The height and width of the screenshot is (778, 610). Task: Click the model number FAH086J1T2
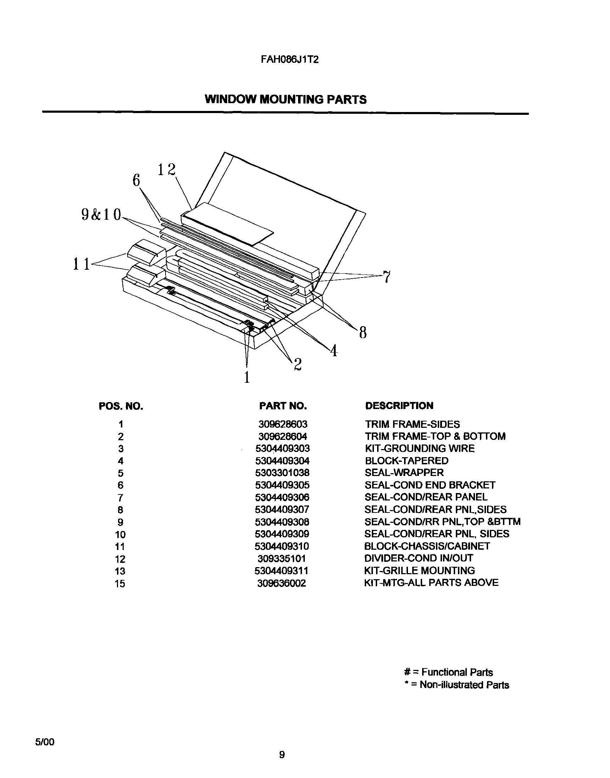point(289,60)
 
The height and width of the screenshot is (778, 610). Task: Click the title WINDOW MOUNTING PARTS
point(285,99)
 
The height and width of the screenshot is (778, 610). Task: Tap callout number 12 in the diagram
point(167,169)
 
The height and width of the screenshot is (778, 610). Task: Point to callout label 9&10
point(101,214)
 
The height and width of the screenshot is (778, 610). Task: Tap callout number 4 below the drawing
point(334,351)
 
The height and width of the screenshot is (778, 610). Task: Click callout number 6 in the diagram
point(136,181)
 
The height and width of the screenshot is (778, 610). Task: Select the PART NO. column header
point(283,405)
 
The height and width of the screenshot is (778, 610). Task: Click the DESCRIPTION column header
point(399,405)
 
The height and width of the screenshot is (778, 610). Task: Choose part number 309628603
point(282,424)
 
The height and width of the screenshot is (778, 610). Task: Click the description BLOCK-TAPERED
point(407,460)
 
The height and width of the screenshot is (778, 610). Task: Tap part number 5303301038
point(282,473)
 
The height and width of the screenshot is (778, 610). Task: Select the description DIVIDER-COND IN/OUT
point(418,558)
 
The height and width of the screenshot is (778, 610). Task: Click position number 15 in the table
point(120,584)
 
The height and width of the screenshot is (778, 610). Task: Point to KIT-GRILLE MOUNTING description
point(419,571)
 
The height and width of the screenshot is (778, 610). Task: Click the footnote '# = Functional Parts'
point(448,672)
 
